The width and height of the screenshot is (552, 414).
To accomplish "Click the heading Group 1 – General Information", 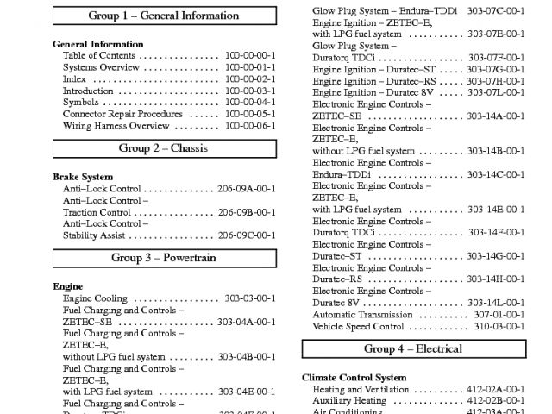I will coord(163,16).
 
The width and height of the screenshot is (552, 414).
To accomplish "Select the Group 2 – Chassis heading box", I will coord(163,148).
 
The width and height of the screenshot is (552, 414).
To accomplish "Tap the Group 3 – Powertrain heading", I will coord(163,258).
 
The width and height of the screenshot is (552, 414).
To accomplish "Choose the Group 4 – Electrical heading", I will coord(412,349).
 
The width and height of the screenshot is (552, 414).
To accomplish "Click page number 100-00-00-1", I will coord(250,55).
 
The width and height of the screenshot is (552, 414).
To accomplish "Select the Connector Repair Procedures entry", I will coord(122,114).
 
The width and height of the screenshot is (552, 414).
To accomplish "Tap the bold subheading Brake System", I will coord(83,177).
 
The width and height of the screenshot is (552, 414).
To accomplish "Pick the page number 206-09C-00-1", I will coord(247,235).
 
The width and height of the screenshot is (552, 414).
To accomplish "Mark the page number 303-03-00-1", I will coord(250,298).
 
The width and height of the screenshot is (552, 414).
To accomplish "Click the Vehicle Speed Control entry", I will coord(357,327).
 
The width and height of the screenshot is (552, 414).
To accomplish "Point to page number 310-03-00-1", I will coord(499,327).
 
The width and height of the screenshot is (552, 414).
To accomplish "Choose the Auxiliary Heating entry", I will coord(349,401).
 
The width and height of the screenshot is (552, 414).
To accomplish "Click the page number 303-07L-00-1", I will coord(496,92).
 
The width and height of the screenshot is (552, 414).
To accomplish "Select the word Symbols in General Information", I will coord(80,103).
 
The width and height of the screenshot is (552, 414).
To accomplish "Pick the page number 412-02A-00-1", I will coord(496,390).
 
